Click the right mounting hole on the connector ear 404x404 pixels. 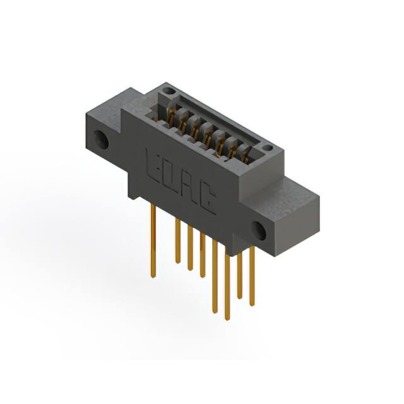click(x=259, y=230)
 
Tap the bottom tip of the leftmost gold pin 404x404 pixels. click(x=153, y=276)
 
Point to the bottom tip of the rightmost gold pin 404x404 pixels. click(x=252, y=304)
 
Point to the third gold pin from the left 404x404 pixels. click(x=190, y=249)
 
